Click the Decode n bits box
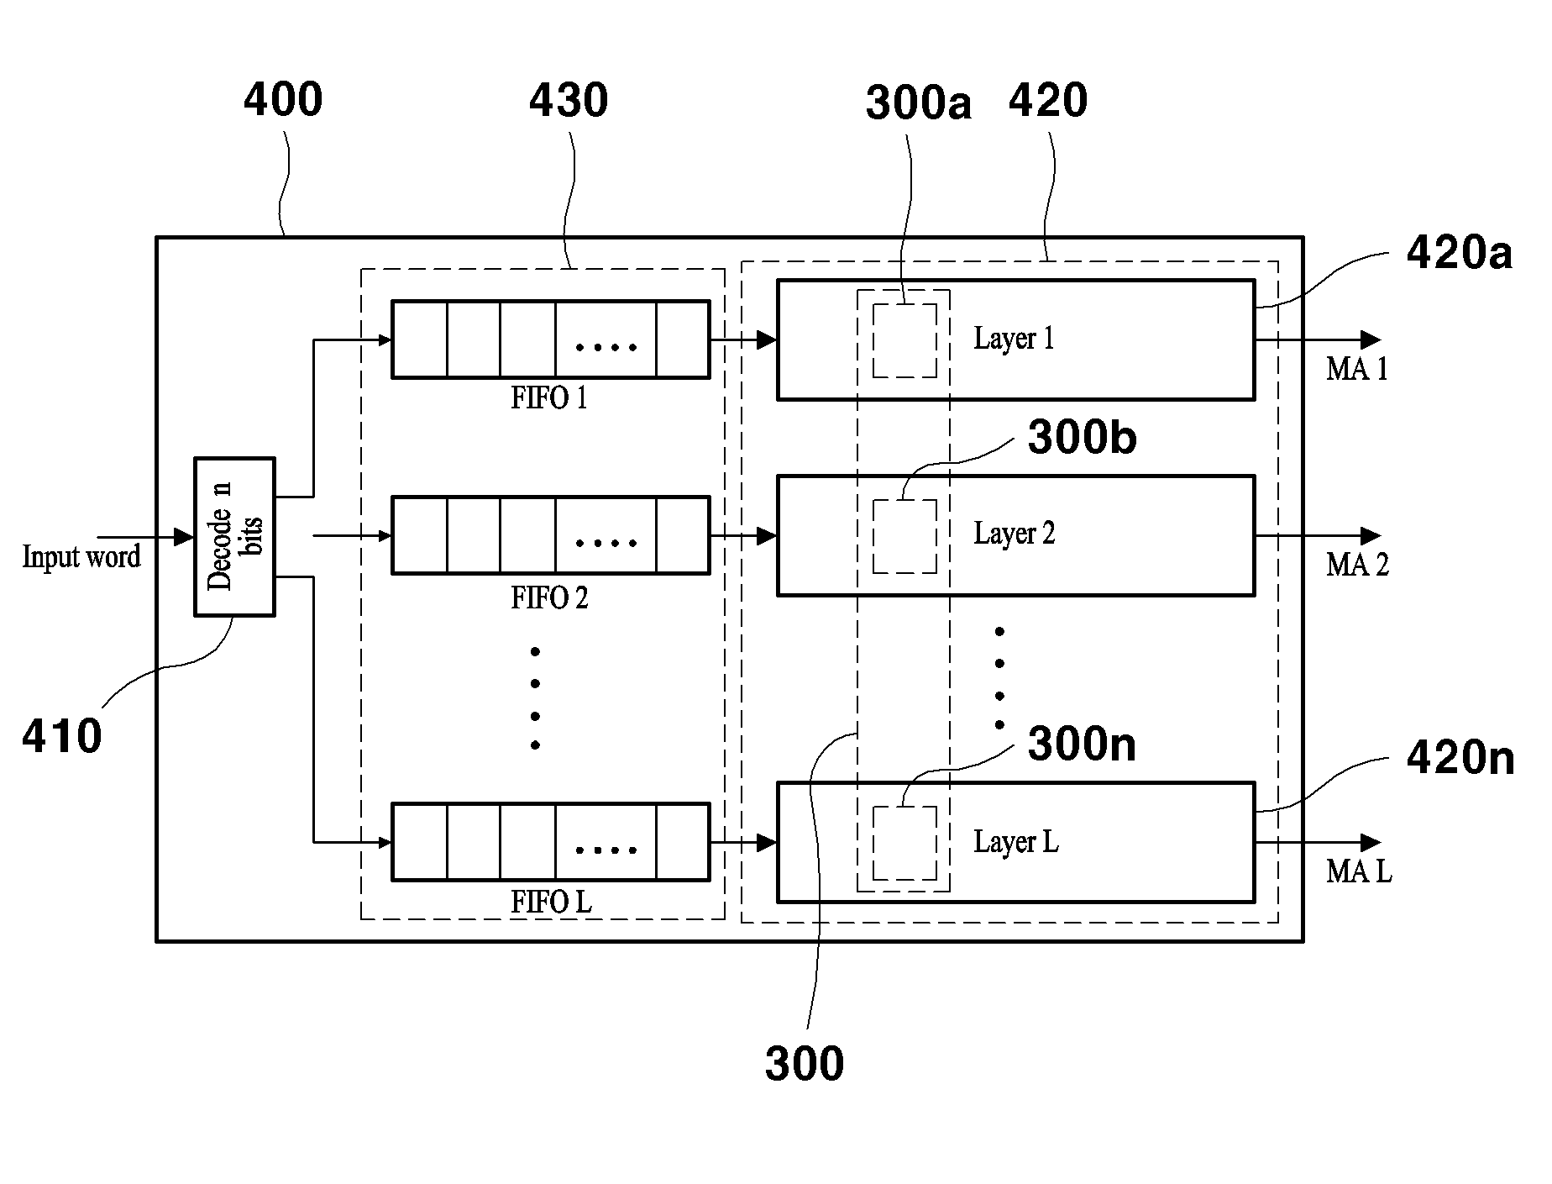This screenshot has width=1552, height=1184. click(x=234, y=537)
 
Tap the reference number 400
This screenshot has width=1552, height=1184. click(x=283, y=99)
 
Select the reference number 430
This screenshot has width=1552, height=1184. click(x=569, y=101)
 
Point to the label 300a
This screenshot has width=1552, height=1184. click(x=919, y=103)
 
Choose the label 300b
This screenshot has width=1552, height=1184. click(x=1083, y=438)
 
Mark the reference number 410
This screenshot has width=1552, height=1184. click(x=62, y=737)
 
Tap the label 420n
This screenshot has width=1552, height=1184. click(x=1460, y=758)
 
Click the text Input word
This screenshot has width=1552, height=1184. click(x=81, y=556)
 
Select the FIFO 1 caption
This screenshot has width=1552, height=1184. click(x=549, y=397)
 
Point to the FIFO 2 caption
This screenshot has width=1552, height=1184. click(x=549, y=597)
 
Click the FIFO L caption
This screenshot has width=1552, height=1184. click(x=551, y=902)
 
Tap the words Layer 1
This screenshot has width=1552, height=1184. click(x=1014, y=339)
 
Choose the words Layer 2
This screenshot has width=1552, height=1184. click(x=1015, y=534)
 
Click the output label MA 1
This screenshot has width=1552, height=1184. click(x=1357, y=369)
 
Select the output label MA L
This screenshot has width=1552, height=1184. click(x=1359, y=871)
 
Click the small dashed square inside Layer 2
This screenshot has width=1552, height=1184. click(x=904, y=536)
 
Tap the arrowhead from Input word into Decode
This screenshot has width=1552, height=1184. click(x=184, y=537)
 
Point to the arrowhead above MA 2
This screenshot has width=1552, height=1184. click(x=1371, y=535)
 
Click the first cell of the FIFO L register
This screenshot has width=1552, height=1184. click(x=420, y=842)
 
